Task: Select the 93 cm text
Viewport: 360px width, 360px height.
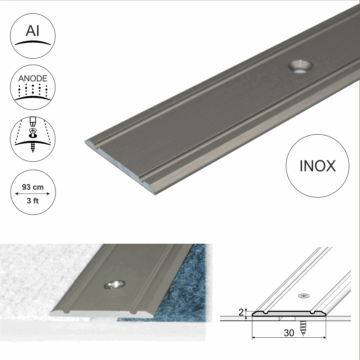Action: [x=33, y=187]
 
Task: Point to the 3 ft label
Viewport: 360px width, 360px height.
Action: [x=33, y=201]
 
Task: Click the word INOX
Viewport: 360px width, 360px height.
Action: [x=318, y=166]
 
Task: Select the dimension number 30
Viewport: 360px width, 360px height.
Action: [x=289, y=333]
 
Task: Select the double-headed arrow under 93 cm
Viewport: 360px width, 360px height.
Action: [x=33, y=194]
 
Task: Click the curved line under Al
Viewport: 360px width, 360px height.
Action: [x=33, y=42]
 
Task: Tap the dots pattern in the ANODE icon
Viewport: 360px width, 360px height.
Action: [x=33, y=89]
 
